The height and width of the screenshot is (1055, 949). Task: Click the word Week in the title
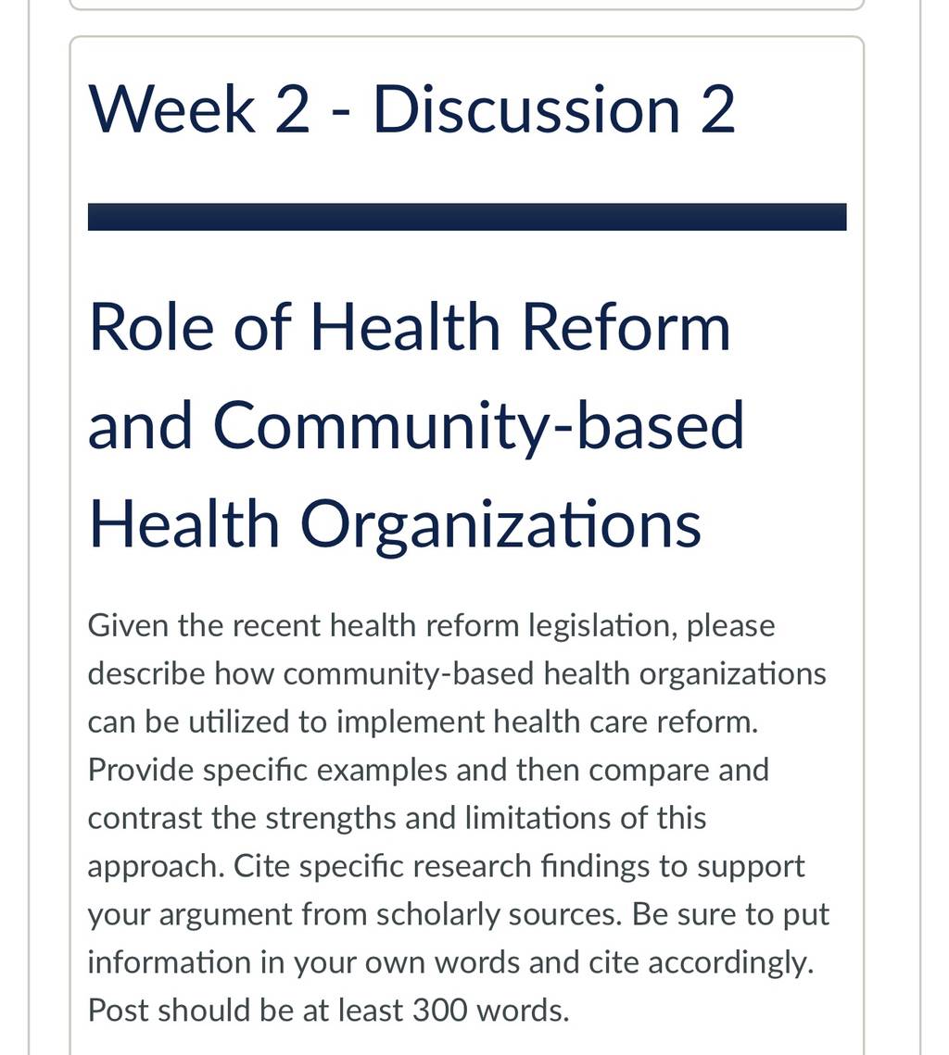pos(171,109)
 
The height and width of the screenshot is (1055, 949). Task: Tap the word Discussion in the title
pos(526,109)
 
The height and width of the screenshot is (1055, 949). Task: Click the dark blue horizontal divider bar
pos(467,217)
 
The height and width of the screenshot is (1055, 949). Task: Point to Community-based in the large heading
pos(478,426)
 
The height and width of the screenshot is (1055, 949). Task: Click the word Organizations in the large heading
pos(500,525)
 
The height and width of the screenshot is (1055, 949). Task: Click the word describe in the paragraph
pos(146,673)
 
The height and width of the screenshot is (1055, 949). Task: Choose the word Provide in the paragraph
pos(141,770)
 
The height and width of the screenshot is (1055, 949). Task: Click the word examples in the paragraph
pos(382,771)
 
